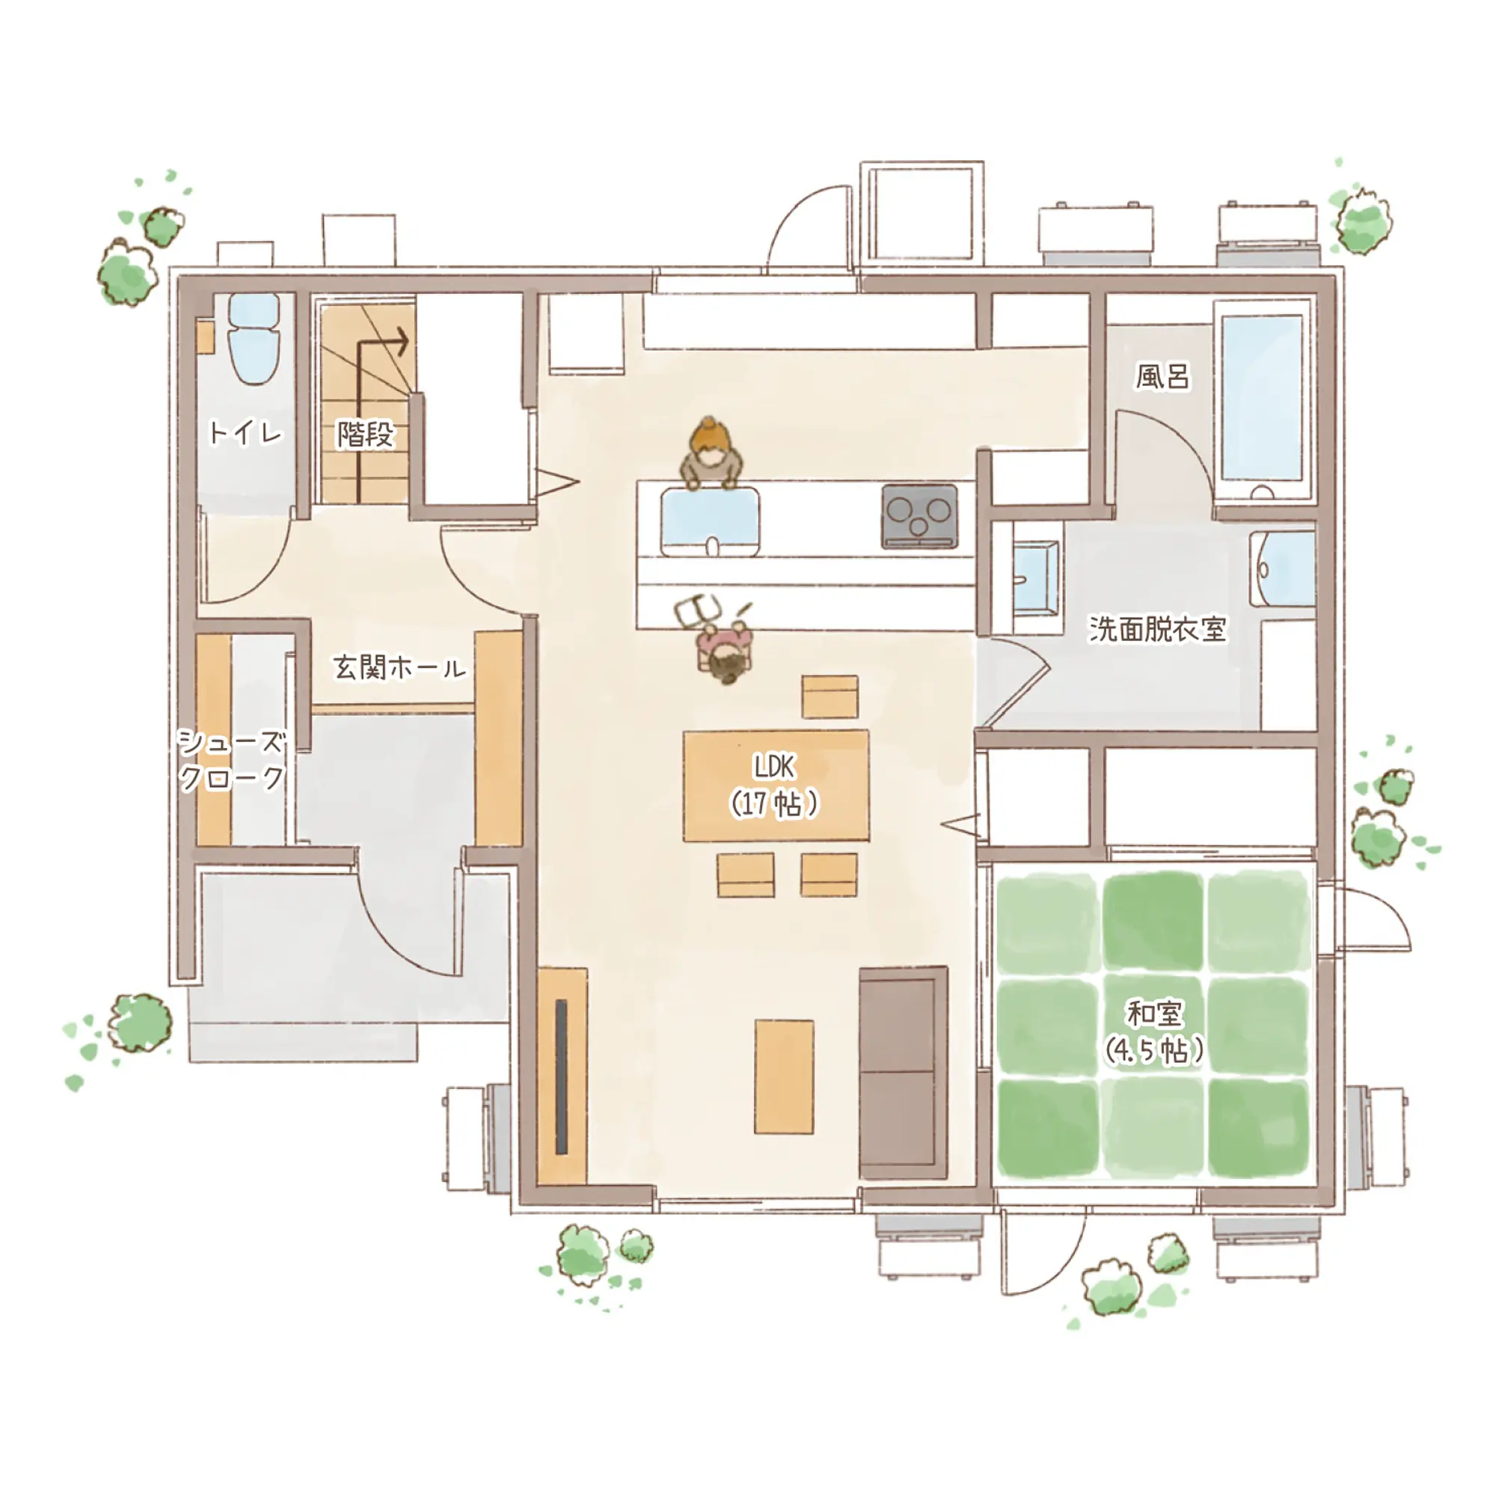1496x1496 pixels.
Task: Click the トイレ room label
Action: pos(245,432)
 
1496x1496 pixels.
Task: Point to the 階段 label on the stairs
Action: pos(366,434)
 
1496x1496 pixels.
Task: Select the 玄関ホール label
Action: pos(399,666)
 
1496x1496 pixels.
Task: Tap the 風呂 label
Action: pos(1162,377)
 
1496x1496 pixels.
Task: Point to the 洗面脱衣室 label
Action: pos(1158,629)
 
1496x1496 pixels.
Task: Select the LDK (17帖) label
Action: pos(774,786)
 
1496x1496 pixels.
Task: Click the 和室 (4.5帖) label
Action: pos(1153,1031)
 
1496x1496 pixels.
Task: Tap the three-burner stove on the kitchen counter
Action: pos(919,515)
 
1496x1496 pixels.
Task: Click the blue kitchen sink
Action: pos(710,521)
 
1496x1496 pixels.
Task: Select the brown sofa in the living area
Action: pos(904,1073)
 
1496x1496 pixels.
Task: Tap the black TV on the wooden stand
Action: pos(560,1076)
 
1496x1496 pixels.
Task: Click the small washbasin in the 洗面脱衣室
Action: pos(1034,577)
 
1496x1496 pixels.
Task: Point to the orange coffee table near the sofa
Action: pos(785,1076)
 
